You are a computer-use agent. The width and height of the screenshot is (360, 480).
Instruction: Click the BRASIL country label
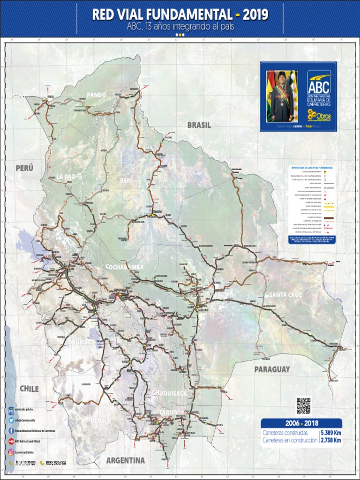199,125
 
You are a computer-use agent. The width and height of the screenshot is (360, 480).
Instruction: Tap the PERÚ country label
24,168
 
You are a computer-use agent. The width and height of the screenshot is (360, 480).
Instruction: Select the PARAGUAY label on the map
272,369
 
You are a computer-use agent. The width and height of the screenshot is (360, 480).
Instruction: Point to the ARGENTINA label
125,460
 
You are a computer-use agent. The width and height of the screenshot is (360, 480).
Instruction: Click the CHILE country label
29,389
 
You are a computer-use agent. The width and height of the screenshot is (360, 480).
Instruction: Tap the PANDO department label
96,95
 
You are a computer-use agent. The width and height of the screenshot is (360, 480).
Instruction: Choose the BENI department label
127,180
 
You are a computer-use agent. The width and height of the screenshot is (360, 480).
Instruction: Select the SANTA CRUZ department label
285,295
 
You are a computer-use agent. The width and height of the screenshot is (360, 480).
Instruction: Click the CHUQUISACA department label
169,392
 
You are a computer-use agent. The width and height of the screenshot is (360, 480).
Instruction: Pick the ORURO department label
78,343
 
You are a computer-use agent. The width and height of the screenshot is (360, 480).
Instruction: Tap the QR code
303,405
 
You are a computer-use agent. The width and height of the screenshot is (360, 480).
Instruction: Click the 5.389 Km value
330,433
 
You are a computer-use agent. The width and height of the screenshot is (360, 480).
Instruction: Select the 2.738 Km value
330,440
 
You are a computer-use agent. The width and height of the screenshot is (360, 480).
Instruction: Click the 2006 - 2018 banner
301,424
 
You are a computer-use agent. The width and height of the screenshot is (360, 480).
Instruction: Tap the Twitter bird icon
11,420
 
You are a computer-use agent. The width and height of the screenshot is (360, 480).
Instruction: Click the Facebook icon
11,431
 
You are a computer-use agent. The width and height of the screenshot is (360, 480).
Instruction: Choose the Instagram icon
11,452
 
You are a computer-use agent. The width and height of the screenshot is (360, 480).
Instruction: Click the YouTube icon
11,441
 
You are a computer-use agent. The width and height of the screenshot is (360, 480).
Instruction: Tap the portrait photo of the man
282,96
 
